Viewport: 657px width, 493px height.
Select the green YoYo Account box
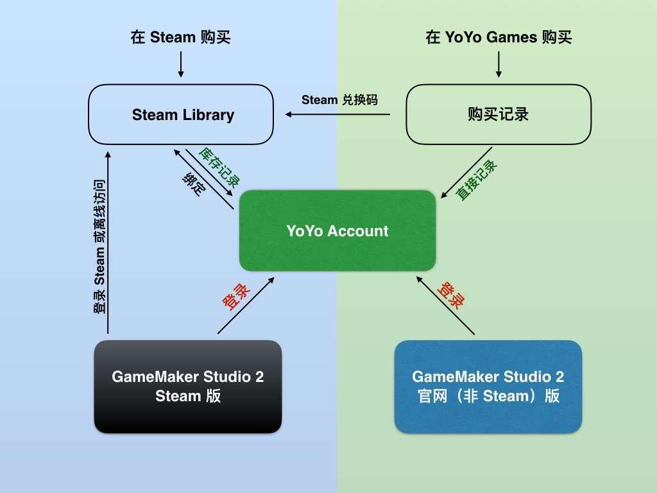(337, 230)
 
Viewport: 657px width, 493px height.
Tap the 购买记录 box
(499, 114)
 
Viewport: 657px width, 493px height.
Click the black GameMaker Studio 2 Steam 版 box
(188, 386)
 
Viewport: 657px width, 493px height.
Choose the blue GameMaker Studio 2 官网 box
(488, 386)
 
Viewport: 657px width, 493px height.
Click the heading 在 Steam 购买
(180, 37)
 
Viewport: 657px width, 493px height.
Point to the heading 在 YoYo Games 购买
(499, 37)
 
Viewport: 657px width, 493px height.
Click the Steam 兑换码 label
(339, 99)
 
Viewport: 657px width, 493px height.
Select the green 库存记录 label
(219, 165)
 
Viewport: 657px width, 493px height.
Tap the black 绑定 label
(192, 186)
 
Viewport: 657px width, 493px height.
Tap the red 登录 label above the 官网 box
(450, 295)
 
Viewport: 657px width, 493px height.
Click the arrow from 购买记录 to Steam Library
(338, 114)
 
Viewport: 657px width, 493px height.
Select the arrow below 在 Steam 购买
(180, 64)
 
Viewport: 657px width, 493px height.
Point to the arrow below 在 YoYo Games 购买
(499, 64)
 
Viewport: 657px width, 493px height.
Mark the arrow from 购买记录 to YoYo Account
(466, 172)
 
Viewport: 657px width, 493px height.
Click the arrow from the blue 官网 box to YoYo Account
(445, 306)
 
